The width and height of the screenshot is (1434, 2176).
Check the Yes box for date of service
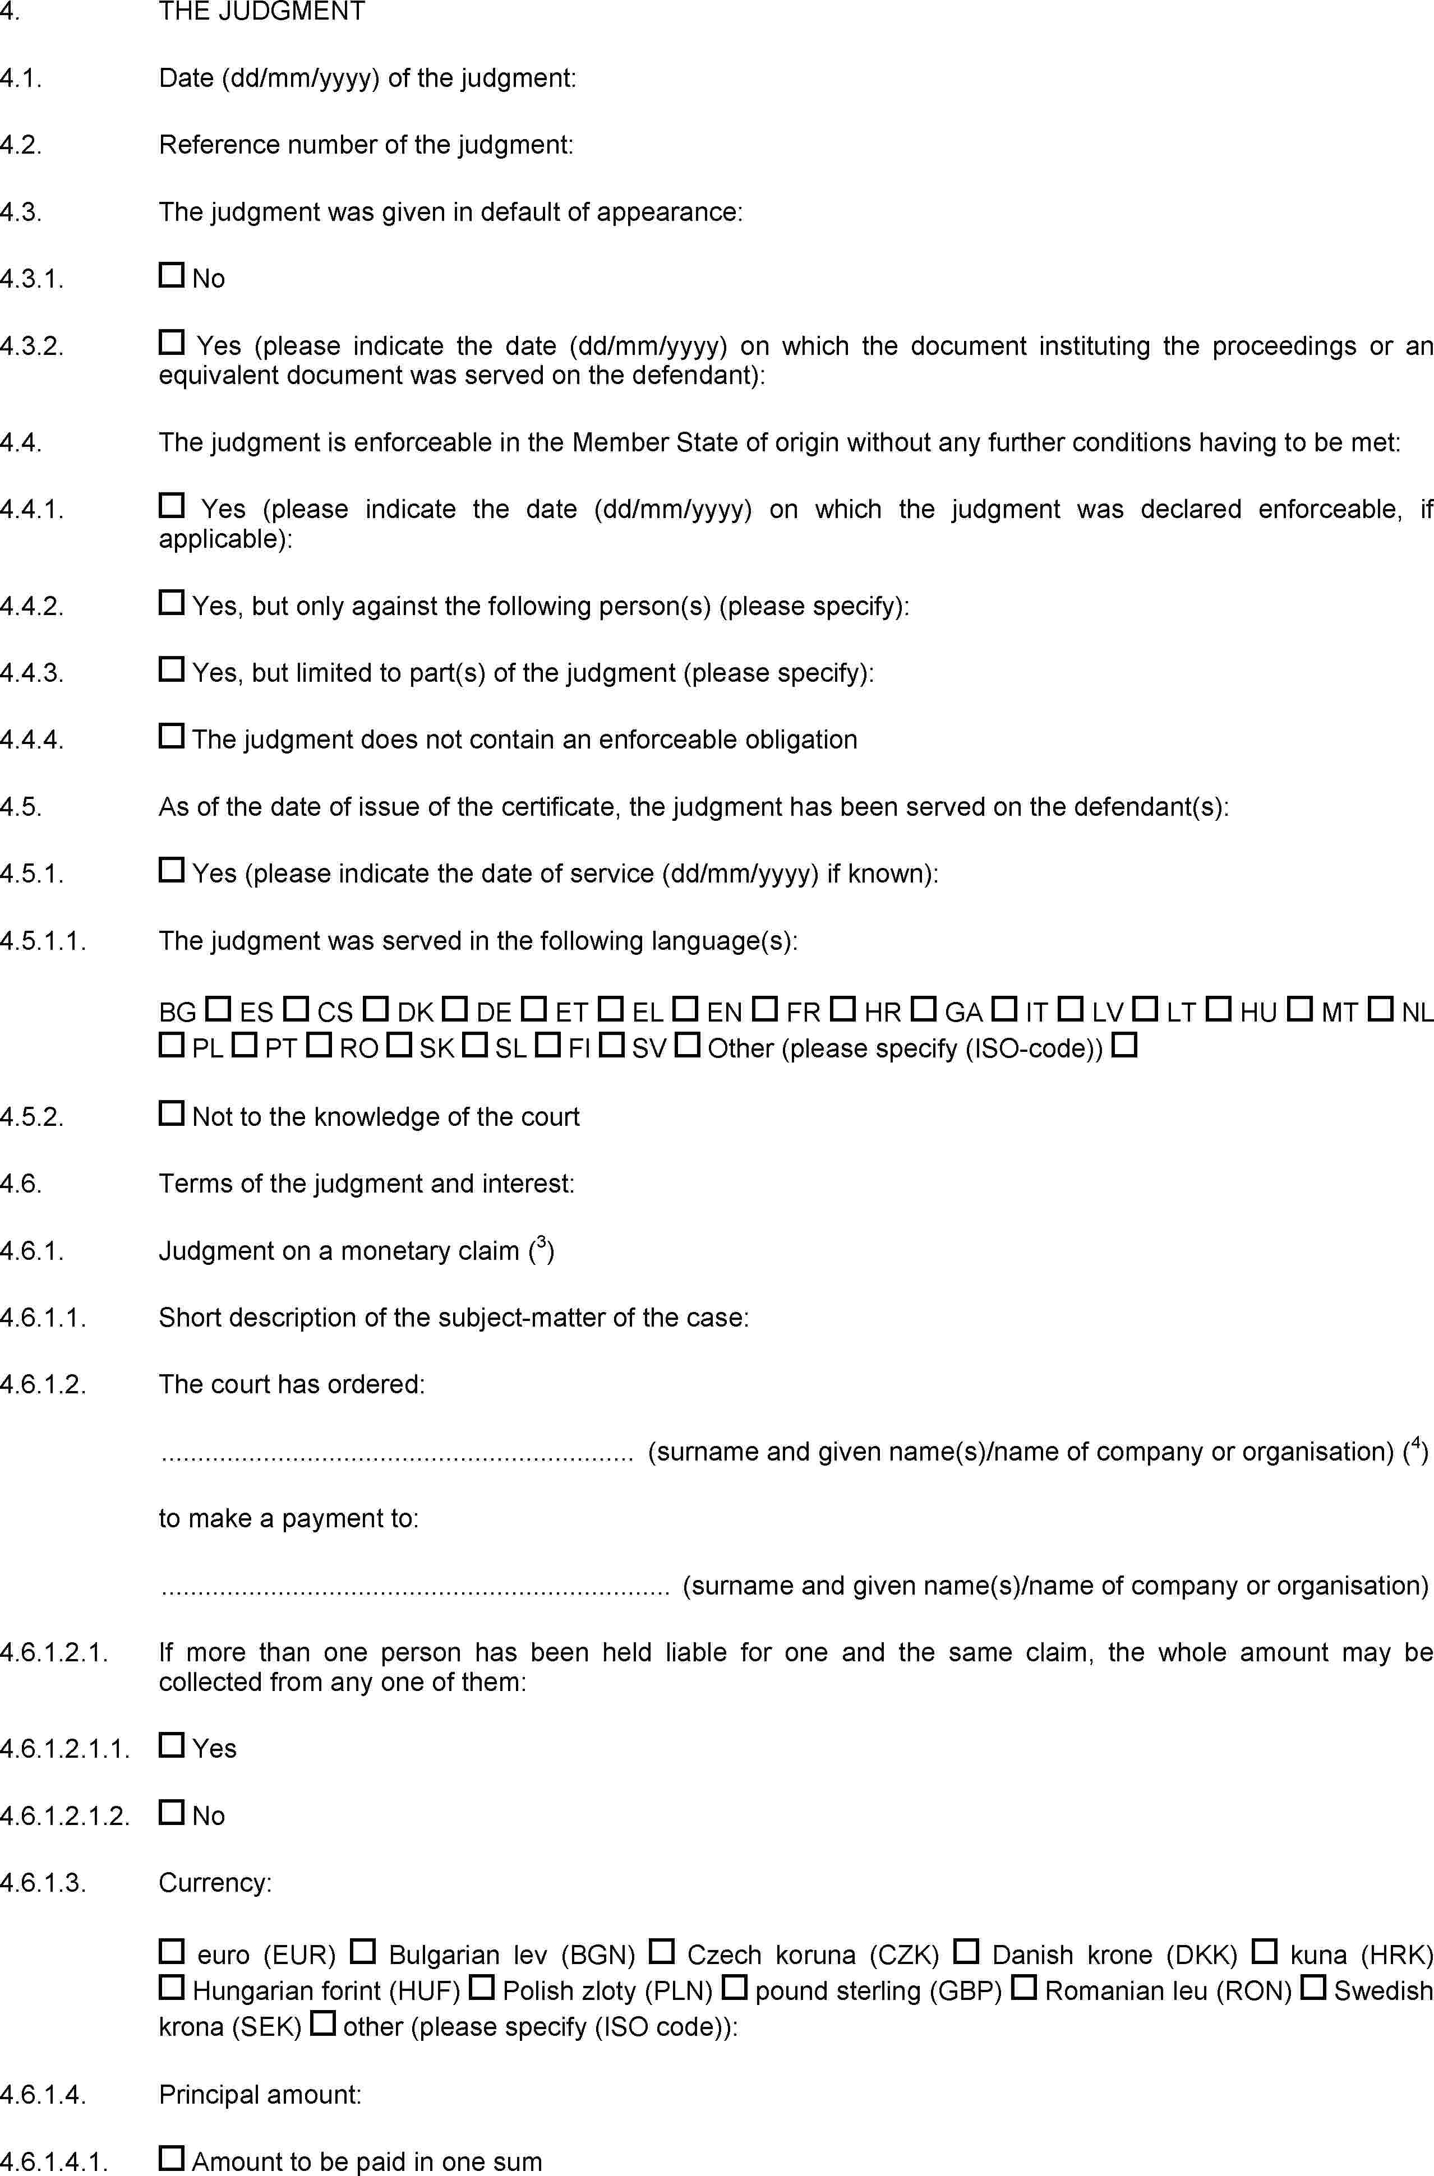(x=171, y=870)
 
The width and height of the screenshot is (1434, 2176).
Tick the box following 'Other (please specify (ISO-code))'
(x=1125, y=1045)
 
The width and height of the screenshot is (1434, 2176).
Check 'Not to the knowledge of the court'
(x=171, y=1114)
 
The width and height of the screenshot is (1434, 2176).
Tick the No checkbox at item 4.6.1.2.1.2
(x=171, y=1812)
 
